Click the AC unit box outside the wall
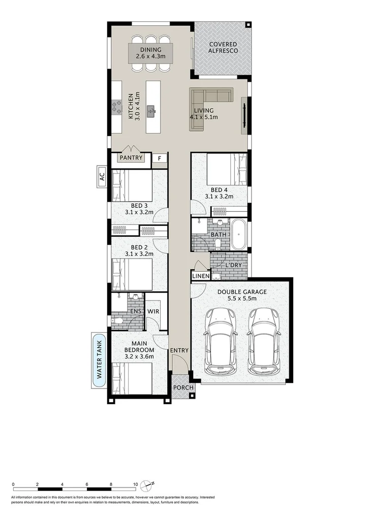(x=101, y=177)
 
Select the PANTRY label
(x=131, y=158)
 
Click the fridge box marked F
(x=160, y=158)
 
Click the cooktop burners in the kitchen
(x=116, y=107)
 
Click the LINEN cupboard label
(x=200, y=276)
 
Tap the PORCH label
(x=183, y=388)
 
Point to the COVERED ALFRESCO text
(x=223, y=48)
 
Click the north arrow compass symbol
(x=148, y=483)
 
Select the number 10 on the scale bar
(x=135, y=484)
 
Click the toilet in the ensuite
(x=117, y=320)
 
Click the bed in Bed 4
(x=226, y=170)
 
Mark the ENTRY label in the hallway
(x=179, y=350)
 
